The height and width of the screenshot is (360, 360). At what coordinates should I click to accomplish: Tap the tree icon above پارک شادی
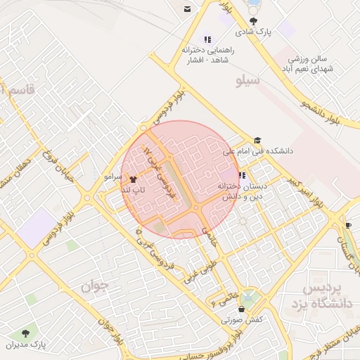tap(254, 20)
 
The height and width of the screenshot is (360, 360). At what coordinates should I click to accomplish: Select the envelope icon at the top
tap(188, 8)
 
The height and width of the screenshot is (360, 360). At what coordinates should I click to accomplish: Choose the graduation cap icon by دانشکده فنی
tap(257, 141)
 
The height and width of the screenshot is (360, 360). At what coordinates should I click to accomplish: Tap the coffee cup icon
tap(349, 225)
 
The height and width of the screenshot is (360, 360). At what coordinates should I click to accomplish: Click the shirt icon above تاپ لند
tap(134, 179)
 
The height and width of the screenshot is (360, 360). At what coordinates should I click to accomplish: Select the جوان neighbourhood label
tap(96, 286)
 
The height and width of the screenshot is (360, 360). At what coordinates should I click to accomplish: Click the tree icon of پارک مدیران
tap(27, 332)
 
